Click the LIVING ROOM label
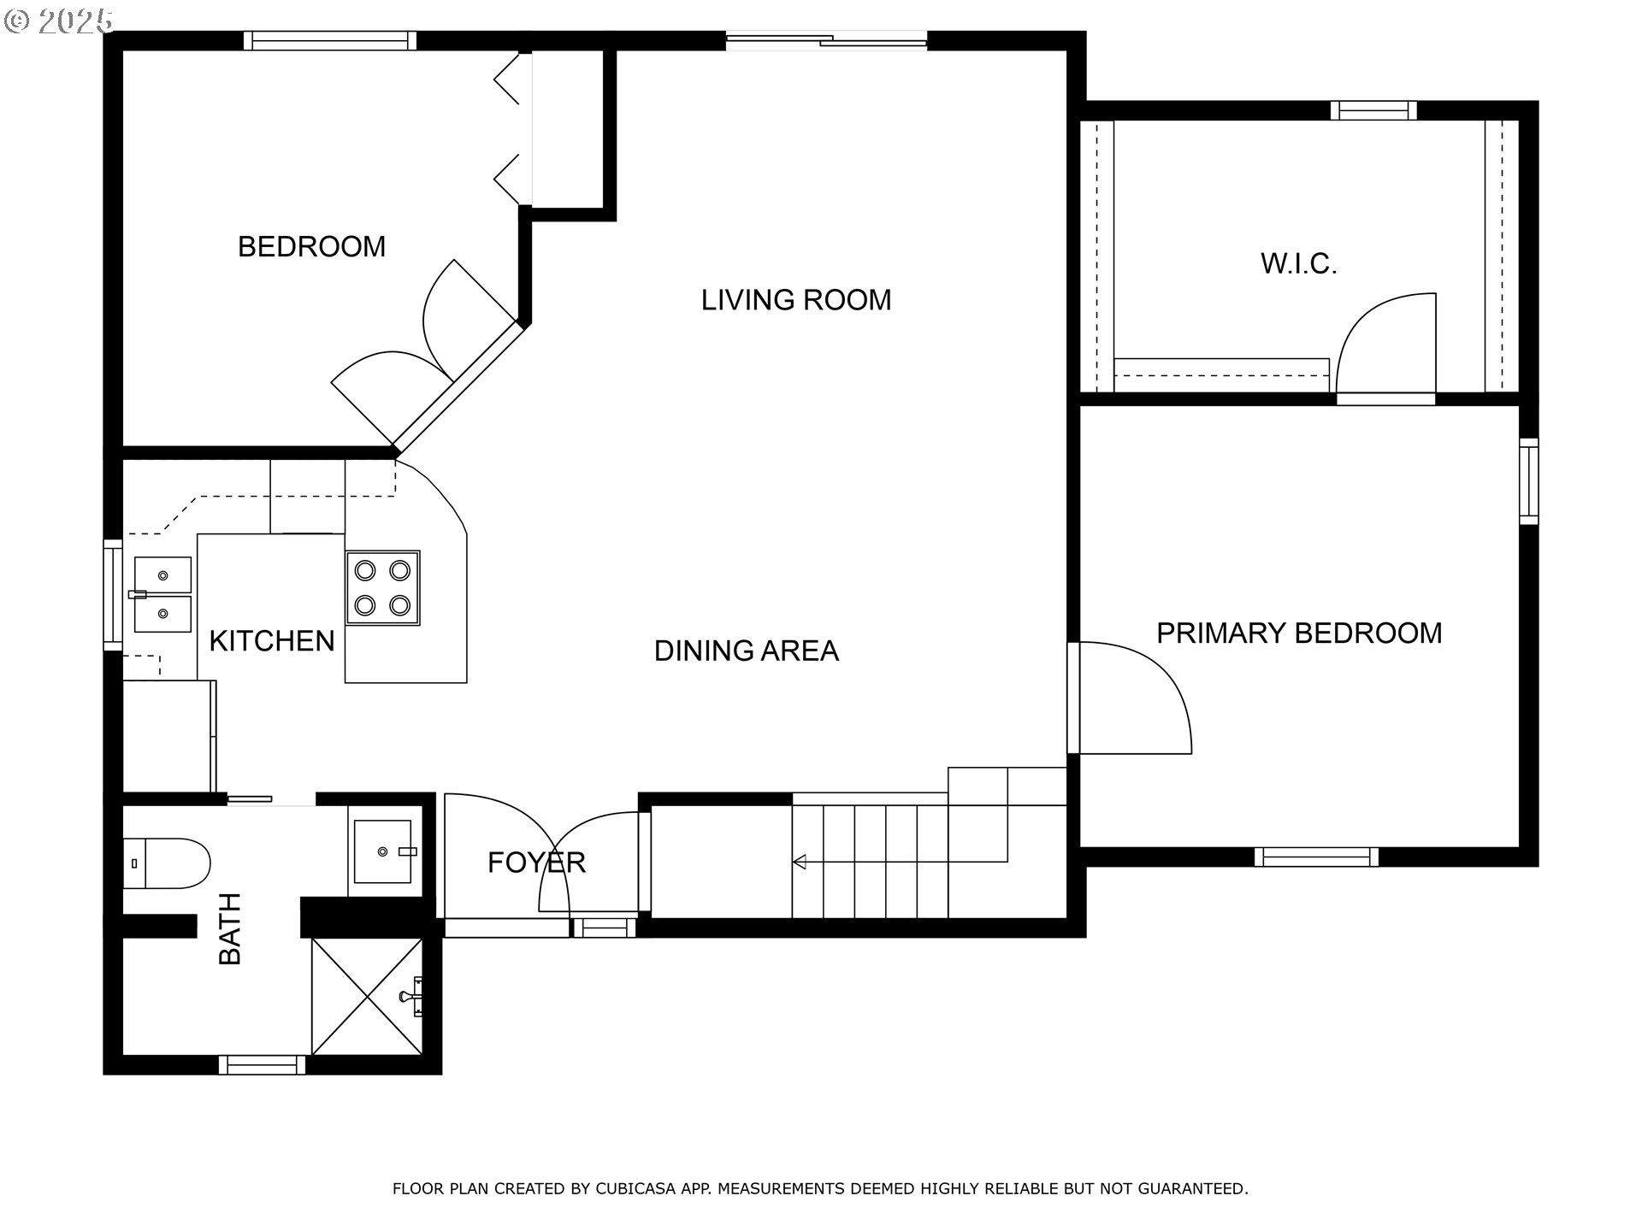pos(795,300)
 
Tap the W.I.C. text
pos(1298,263)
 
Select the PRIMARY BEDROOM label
pos(1298,633)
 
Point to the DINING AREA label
pos(746,651)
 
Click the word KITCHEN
pos(271,641)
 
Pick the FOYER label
pos(536,863)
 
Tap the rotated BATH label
pos(230,928)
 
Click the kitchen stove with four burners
pos(382,587)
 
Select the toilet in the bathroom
pos(168,863)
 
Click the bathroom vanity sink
pos(383,851)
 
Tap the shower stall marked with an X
pos(366,996)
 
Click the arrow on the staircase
pos(800,862)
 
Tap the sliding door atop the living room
pos(826,39)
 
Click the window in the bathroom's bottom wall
pos(262,1065)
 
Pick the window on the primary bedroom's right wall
pos(1528,480)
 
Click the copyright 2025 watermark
pos(58,21)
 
